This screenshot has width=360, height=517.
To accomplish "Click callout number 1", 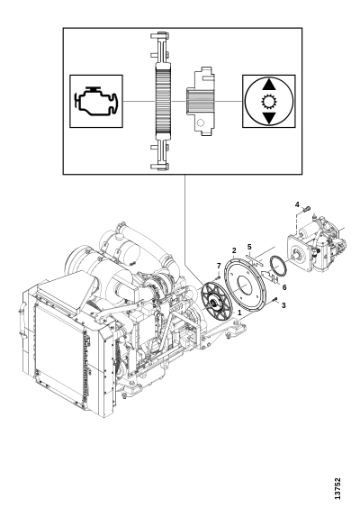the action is coord(239,312).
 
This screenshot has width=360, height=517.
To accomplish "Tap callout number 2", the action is coord(234,250).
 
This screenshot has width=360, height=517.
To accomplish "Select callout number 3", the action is coord(283,305).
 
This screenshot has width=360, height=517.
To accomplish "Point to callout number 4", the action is coord(297,204).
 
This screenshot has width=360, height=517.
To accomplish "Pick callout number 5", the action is coord(249,247).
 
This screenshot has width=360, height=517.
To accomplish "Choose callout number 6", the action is coord(284,287).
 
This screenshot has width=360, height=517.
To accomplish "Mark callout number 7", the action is coord(219,266).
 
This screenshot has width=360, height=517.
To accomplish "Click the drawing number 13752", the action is coord(337,489).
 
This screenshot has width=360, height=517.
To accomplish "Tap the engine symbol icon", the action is coord(96,101).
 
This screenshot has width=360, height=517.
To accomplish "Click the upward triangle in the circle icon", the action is coord(269,85).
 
